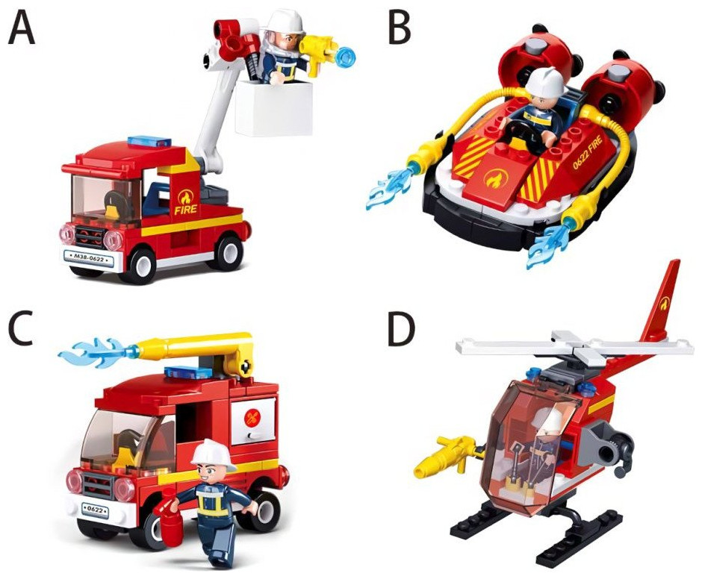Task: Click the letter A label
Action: [22, 28]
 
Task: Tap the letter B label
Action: [400, 28]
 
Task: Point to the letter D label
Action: [401, 331]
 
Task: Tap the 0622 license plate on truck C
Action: [96, 510]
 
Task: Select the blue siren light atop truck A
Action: [149, 142]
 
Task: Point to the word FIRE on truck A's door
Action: [186, 209]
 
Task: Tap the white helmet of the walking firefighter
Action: [213, 454]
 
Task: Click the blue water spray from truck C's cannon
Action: [96, 352]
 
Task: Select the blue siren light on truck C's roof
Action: [188, 372]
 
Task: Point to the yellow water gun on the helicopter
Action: [445, 454]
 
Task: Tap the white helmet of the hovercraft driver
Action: [545, 82]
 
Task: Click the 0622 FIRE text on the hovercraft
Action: [588, 152]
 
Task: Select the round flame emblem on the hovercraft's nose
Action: [494, 179]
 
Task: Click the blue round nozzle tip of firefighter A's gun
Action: [347, 57]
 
